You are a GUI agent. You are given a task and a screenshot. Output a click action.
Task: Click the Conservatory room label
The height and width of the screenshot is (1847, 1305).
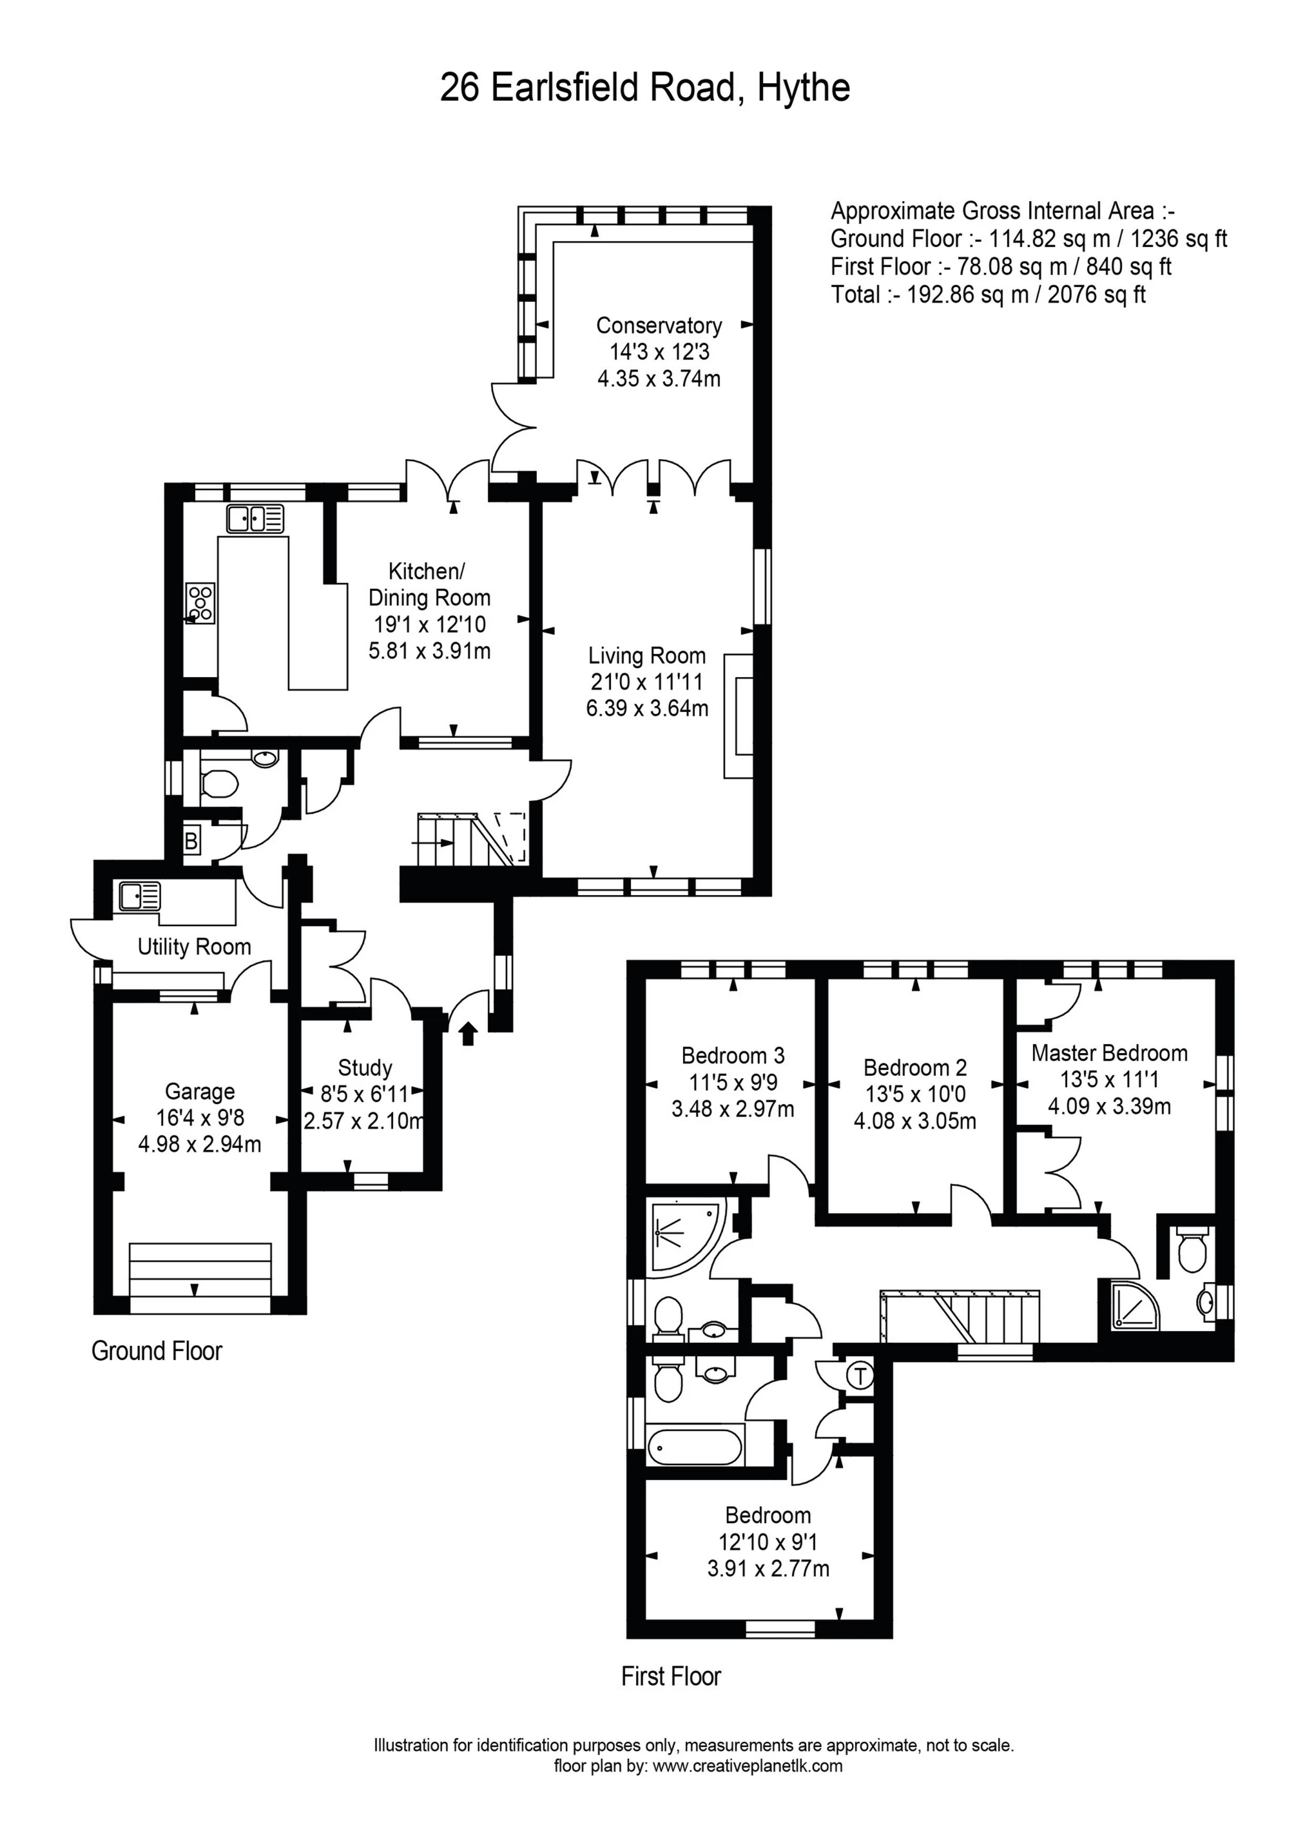tap(659, 325)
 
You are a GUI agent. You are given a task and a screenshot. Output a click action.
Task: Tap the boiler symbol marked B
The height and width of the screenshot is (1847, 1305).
tap(191, 842)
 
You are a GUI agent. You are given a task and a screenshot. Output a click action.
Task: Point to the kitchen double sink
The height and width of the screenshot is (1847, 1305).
tap(256, 519)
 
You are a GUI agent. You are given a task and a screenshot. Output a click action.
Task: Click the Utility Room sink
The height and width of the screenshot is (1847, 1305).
tap(140, 896)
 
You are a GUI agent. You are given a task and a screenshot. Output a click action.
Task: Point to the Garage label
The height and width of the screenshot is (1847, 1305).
tap(199, 1092)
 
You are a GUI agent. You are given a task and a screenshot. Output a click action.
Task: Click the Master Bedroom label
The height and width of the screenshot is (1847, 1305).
tap(1109, 1053)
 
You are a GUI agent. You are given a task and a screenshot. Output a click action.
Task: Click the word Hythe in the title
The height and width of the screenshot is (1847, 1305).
tap(803, 87)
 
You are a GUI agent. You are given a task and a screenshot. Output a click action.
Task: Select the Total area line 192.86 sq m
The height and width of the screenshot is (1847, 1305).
tap(988, 295)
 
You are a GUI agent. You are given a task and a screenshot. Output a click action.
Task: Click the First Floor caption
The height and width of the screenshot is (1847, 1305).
tap(671, 1677)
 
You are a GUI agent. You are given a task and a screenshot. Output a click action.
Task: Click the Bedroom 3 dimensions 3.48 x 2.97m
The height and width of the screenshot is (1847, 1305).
tap(733, 1109)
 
